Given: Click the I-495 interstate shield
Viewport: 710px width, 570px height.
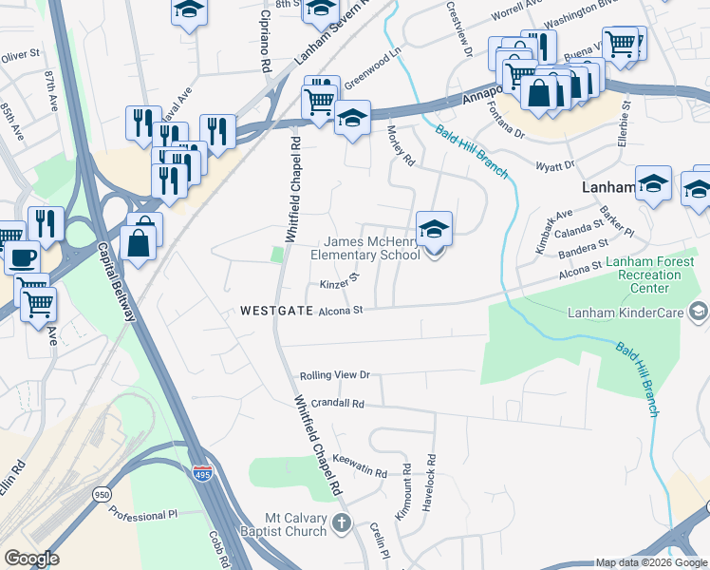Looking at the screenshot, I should click(202, 472).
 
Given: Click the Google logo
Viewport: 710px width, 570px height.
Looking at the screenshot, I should click(30, 559).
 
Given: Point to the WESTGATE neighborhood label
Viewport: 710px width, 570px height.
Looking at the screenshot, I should click(275, 310).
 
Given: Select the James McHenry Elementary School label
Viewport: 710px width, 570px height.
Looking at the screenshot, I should click(365, 248).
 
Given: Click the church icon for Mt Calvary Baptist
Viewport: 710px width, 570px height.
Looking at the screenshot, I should click(343, 522).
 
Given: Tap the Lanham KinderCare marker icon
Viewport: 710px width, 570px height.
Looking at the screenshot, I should click(699, 311).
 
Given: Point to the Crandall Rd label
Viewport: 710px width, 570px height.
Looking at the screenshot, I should click(331, 404).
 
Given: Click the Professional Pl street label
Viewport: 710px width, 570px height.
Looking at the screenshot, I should click(143, 514).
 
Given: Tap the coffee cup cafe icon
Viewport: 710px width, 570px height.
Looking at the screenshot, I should click(22, 256).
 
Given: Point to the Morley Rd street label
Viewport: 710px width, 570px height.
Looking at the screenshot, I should click(402, 146).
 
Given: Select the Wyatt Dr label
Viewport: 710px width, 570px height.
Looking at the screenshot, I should click(555, 165).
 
